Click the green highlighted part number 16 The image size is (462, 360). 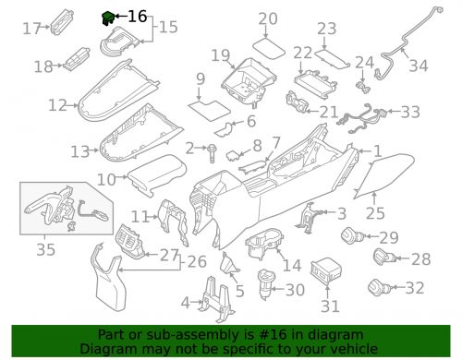[108, 16]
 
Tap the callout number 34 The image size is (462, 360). [419, 66]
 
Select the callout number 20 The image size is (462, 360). [268, 18]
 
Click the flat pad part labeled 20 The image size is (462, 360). [269, 43]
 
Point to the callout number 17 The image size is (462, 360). [31, 29]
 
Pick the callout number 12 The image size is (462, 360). [57, 105]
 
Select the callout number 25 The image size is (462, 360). [375, 213]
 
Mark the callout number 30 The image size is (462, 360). [295, 290]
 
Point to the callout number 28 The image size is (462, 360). [420, 259]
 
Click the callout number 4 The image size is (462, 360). [185, 303]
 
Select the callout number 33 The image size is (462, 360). [409, 112]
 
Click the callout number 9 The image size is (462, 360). [200, 79]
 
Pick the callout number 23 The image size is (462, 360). [327, 30]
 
